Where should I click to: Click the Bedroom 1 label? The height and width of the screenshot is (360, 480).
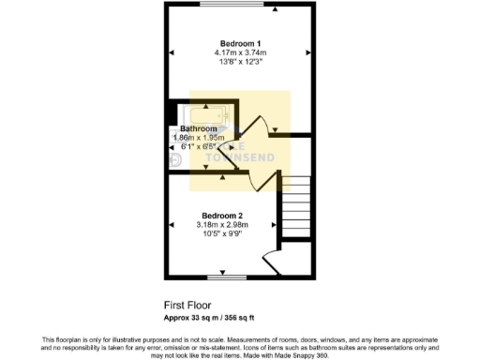pos(240,44)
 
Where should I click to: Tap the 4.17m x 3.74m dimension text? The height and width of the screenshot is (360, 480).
pos(240,53)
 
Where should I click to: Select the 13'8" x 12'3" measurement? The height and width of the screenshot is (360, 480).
pos(240,63)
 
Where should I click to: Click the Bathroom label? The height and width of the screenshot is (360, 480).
pos(199,128)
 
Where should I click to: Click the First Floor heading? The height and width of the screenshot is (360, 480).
pos(186,305)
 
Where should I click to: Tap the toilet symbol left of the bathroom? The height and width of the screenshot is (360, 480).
pos(176,159)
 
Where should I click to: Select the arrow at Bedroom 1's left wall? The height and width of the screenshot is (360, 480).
pos(171,52)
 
